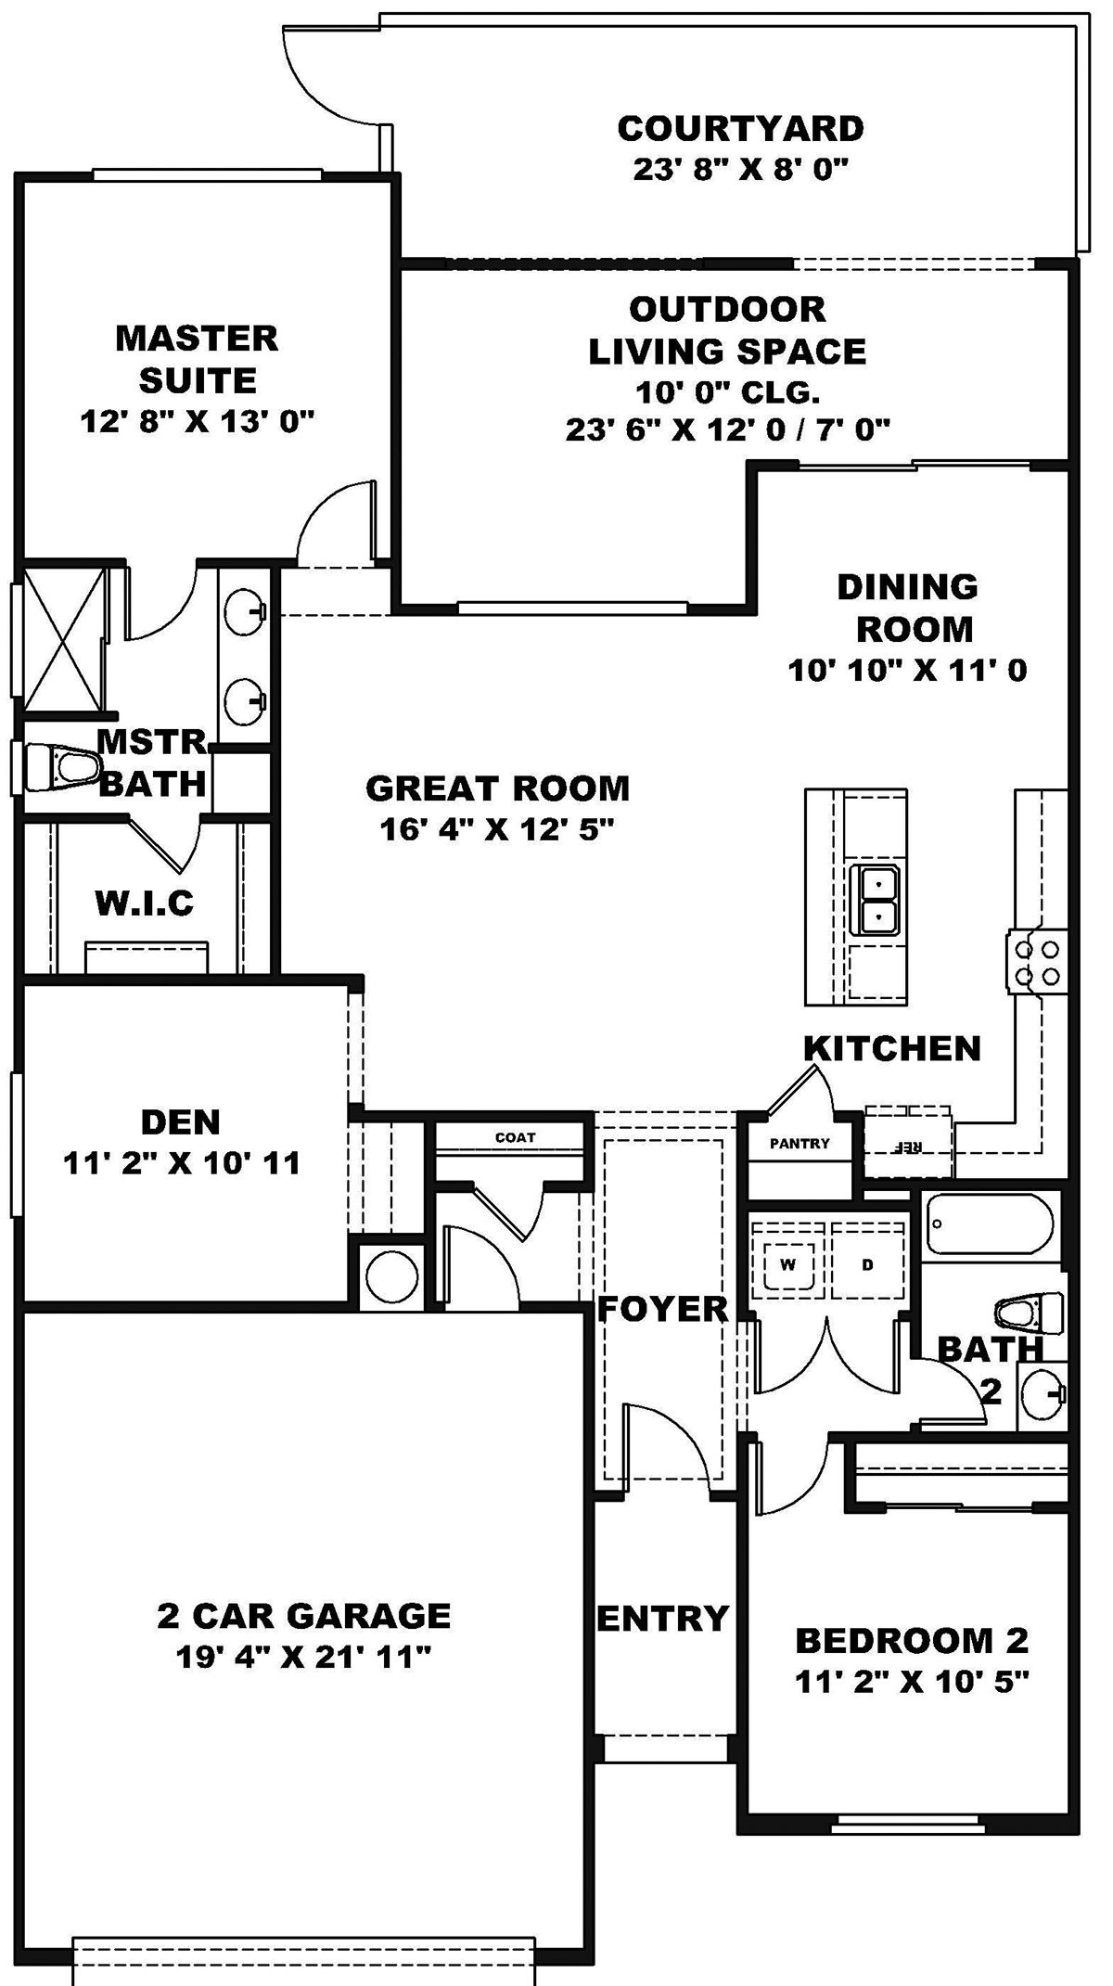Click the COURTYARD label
pos(740,128)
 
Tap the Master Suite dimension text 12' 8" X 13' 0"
pos(197,422)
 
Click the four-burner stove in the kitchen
pos(1036,962)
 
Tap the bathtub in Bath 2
pos(991,1224)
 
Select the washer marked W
pos(788,1264)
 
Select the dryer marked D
pos(867,1264)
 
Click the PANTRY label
pos(800,1144)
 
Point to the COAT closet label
pos(515,1137)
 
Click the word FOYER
pos(662,1310)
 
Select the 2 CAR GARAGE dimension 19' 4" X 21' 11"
pos(304,1657)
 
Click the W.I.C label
pos(146,903)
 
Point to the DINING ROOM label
pos(913,608)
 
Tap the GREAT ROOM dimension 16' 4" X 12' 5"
pos(497,828)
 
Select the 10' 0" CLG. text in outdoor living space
pos(727,393)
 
